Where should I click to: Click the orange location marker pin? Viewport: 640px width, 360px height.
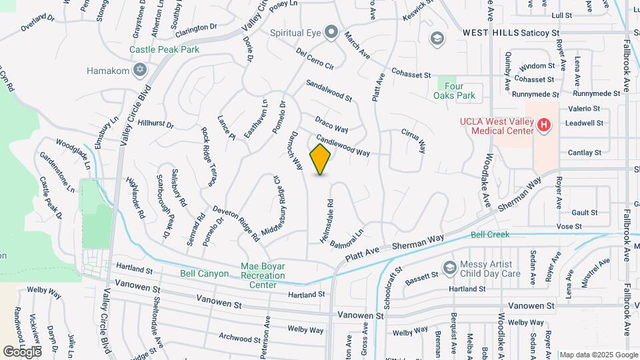(x=321, y=159)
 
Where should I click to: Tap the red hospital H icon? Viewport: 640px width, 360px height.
(x=544, y=125)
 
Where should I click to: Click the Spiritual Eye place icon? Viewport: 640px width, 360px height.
(x=331, y=33)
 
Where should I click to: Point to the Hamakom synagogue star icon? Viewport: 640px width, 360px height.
(x=139, y=70)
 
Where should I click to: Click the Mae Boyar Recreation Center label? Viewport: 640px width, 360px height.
(x=263, y=275)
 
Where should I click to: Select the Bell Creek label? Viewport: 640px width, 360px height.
(x=490, y=235)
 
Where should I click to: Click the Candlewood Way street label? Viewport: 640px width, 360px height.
(x=343, y=146)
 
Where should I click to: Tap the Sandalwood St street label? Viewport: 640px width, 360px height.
(x=329, y=91)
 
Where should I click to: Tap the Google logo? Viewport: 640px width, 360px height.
(x=21, y=351)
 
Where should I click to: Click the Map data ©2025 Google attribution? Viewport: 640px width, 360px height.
(x=599, y=355)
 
